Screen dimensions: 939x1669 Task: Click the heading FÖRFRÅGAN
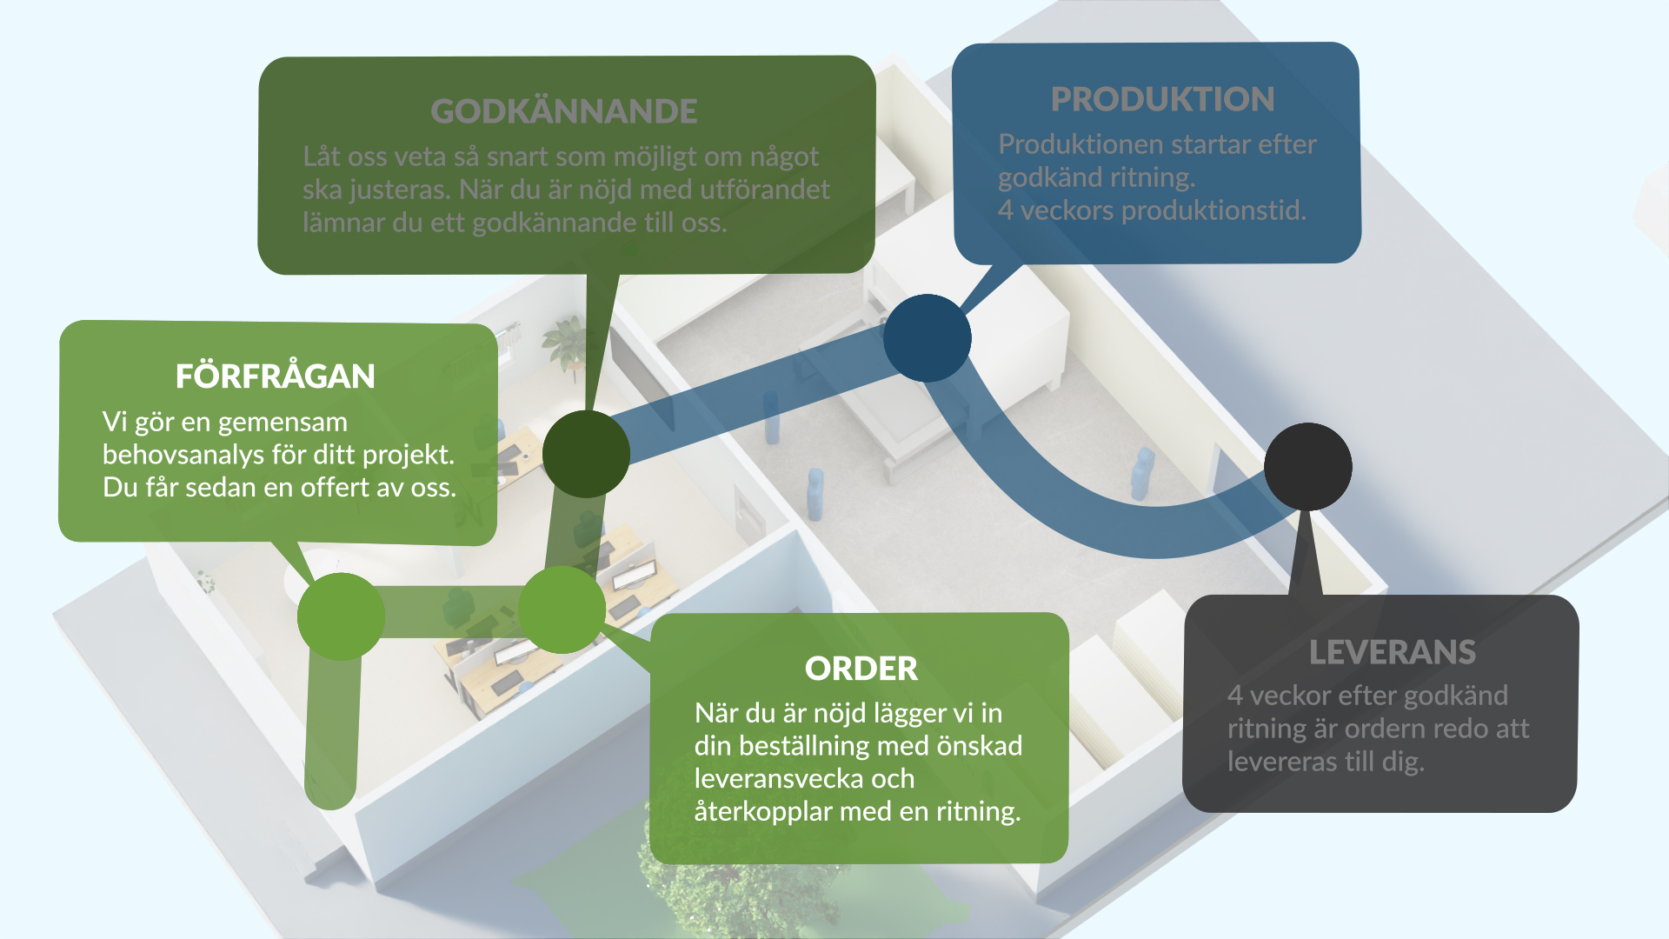point(275,376)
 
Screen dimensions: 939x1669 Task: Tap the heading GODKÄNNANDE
point(564,111)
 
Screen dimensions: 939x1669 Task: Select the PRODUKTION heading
point(1162,99)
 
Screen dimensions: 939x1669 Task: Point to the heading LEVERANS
point(1392,652)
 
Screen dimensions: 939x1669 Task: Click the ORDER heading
point(861,669)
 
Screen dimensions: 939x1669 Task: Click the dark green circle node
point(586,454)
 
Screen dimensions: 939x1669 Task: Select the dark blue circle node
point(927,338)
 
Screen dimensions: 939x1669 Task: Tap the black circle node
point(1307,467)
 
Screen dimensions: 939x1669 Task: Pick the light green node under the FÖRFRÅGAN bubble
point(341,616)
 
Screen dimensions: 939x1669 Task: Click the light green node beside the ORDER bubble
point(562,609)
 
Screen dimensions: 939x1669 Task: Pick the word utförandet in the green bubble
point(765,190)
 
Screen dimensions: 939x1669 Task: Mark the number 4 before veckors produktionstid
point(1006,210)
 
